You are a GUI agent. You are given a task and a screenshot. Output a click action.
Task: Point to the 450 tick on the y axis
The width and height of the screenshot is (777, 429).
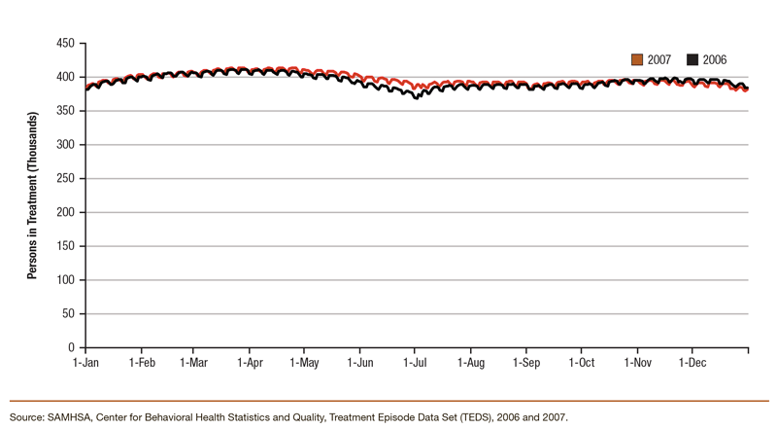coord(66,44)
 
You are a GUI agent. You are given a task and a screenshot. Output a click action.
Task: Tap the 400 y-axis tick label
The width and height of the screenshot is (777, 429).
coord(66,78)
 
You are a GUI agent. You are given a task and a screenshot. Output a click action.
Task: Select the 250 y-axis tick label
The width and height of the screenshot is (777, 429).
coord(66,179)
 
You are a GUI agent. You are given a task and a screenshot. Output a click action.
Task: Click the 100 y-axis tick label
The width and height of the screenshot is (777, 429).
coord(66,280)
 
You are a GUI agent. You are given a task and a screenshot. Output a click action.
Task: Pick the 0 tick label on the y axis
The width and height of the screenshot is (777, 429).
coord(73,347)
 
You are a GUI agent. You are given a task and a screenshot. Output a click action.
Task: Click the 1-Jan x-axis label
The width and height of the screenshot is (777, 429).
coord(86,362)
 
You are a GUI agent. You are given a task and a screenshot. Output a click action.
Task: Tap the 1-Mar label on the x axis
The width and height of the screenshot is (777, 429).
coord(194,362)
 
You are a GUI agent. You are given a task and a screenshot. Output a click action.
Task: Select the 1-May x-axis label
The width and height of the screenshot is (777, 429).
coord(304,362)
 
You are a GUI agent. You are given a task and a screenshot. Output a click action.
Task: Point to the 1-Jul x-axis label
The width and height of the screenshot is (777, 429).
coord(415,362)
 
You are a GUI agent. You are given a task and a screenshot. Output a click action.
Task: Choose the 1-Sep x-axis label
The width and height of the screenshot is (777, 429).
coord(526,362)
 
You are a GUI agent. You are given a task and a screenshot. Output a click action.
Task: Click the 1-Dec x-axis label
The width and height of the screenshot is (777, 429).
coord(692,362)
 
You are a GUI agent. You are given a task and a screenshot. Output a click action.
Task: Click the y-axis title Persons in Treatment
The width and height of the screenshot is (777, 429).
coord(32,196)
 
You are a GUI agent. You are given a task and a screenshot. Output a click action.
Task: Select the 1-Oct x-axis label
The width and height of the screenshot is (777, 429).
coord(581,362)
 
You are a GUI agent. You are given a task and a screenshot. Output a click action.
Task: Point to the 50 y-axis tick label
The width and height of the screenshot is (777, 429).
coord(69,314)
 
